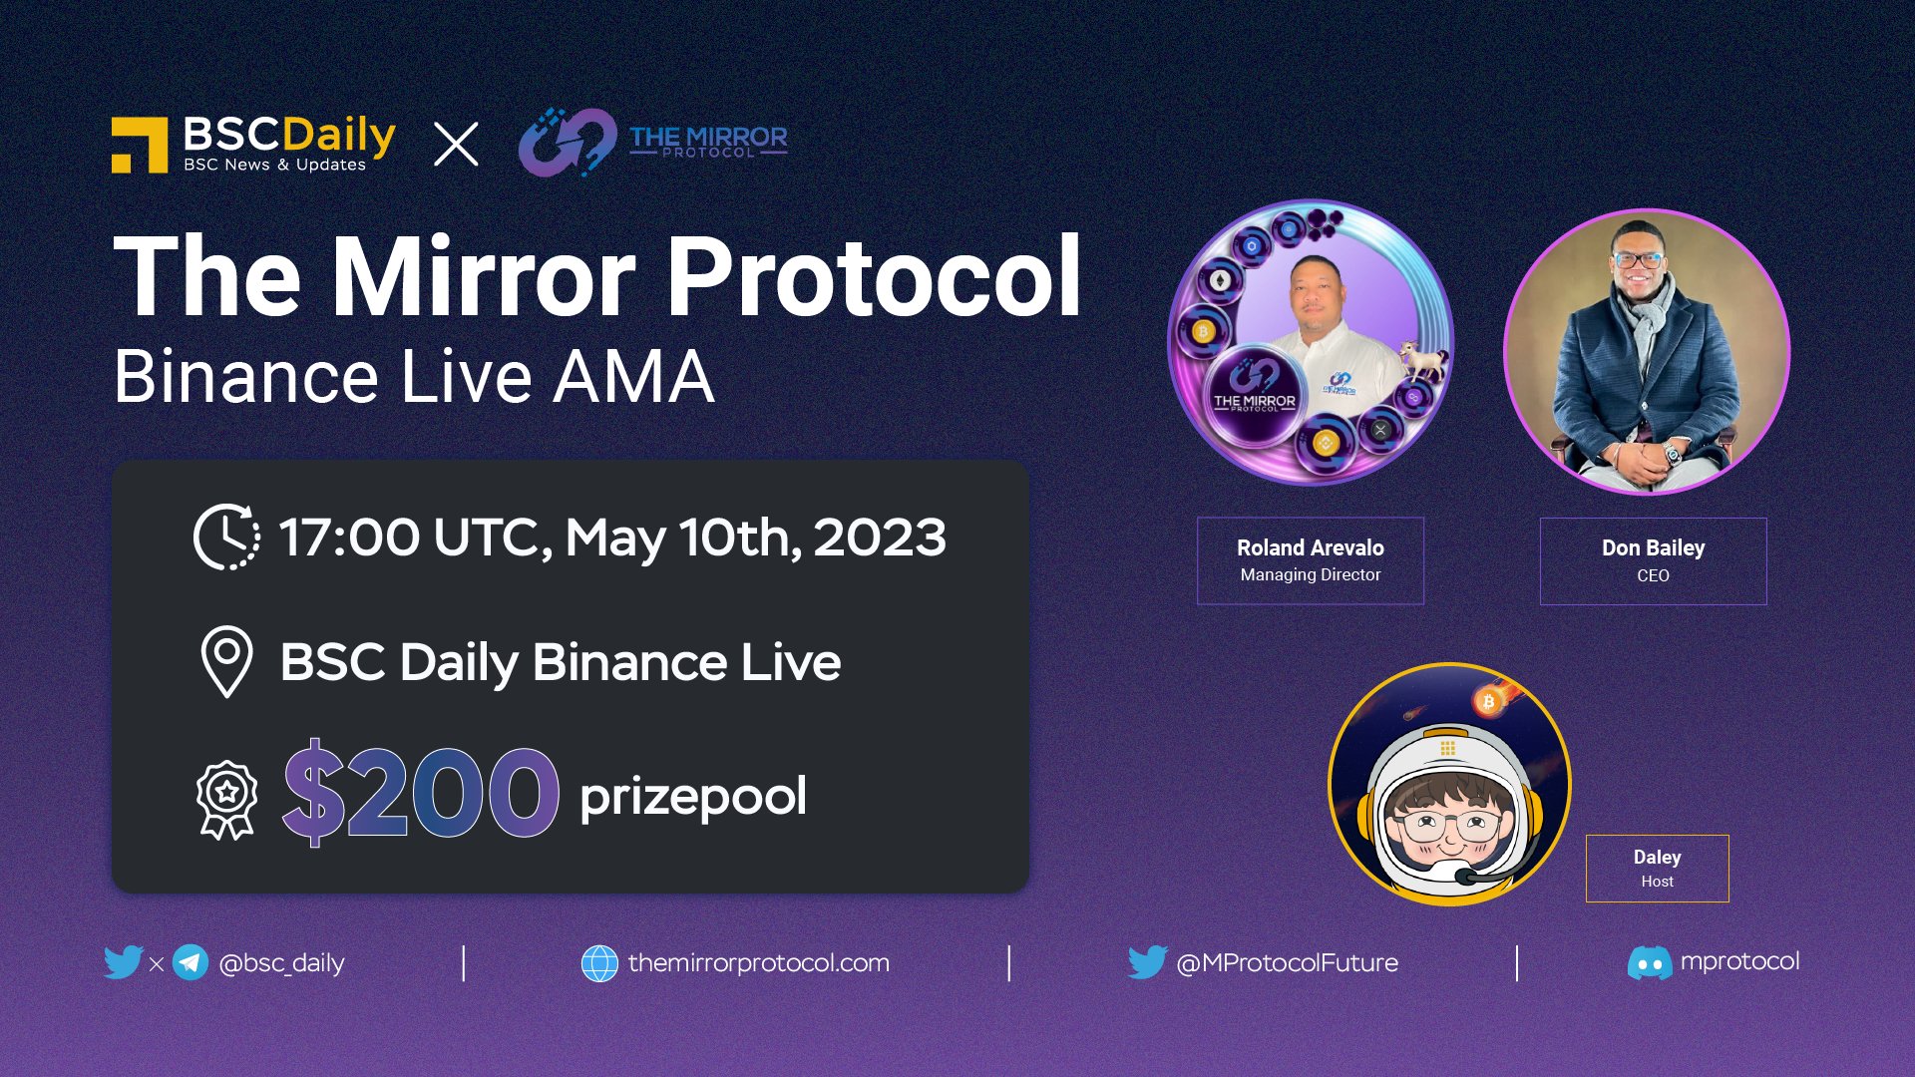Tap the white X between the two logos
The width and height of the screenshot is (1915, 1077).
point(456,145)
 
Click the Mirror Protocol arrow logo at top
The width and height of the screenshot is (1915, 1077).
point(567,143)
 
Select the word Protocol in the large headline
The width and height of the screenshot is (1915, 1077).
point(874,277)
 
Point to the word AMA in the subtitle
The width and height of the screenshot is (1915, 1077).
point(633,378)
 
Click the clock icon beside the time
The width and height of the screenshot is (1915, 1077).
point(226,538)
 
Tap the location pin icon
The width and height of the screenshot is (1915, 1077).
point(226,661)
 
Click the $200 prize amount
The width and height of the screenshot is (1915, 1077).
point(420,794)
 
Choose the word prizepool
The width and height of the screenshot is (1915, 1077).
point(692,796)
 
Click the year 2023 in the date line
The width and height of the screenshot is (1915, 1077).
point(880,538)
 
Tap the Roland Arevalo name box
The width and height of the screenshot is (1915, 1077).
point(1310,560)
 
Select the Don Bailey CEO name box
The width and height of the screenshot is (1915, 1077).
point(1653,560)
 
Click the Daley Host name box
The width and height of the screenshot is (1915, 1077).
point(1657,868)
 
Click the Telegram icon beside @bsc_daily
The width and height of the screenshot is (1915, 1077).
point(191,963)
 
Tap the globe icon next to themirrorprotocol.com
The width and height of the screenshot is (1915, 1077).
point(599,963)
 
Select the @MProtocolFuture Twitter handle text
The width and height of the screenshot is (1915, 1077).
point(1287,963)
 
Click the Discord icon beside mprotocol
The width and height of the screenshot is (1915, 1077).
point(1649,963)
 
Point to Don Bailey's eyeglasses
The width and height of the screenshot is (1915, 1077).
point(1637,260)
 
